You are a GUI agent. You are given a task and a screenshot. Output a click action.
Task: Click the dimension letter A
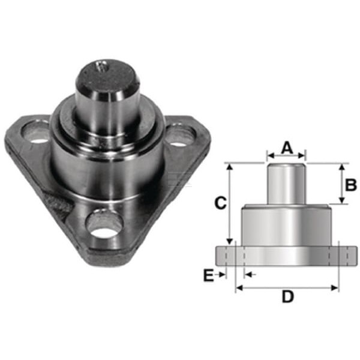pyautogui.click(x=287, y=148)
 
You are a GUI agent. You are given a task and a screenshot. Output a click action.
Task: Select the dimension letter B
pyautogui.click(x=350, y=185)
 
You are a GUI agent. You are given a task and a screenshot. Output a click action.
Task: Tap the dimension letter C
pyautogui.click(x=220, y=203)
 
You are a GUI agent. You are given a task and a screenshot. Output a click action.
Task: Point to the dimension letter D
pyautogui.click(x=287, y=296)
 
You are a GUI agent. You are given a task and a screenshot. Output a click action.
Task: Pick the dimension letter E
pyautogui.click(x=208, y=275)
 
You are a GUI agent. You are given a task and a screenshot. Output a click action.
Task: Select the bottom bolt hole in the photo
pyautogui.click(x=104, y=224)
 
